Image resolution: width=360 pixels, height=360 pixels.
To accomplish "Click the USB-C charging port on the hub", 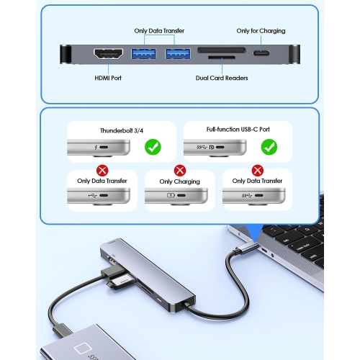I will pos(261,53).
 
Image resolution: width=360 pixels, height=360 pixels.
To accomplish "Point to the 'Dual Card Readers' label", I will pos(222,78).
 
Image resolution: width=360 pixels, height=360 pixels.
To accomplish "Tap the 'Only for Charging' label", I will pos(261,31).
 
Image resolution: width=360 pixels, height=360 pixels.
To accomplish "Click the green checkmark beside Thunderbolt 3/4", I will pos(153,147).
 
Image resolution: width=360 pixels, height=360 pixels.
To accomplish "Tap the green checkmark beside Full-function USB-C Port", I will pos(269,147).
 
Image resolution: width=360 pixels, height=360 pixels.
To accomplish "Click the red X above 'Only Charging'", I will pos(180,171).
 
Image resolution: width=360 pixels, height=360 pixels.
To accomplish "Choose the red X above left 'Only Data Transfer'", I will pos(102,171).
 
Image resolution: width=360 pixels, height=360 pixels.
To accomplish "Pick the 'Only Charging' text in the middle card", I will pos(180,181).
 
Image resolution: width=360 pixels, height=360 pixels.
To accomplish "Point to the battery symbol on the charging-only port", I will pos(171,195).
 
